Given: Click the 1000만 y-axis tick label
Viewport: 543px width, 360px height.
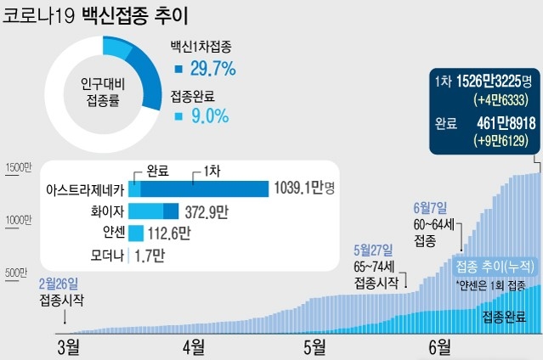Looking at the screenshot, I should (18, 220).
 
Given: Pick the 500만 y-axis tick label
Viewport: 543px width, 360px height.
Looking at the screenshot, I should (15, 273).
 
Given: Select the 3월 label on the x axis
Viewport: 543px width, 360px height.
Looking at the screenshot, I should (68, 346).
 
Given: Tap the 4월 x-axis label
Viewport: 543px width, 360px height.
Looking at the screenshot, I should (193, 346).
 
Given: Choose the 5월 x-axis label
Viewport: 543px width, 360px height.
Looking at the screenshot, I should (314, 346).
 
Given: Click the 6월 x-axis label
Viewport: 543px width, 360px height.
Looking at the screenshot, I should (439, 346).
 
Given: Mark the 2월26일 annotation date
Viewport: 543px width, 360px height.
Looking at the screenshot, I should (58, 283).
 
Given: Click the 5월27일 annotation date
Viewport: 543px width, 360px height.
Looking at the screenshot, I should (373, 250).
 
